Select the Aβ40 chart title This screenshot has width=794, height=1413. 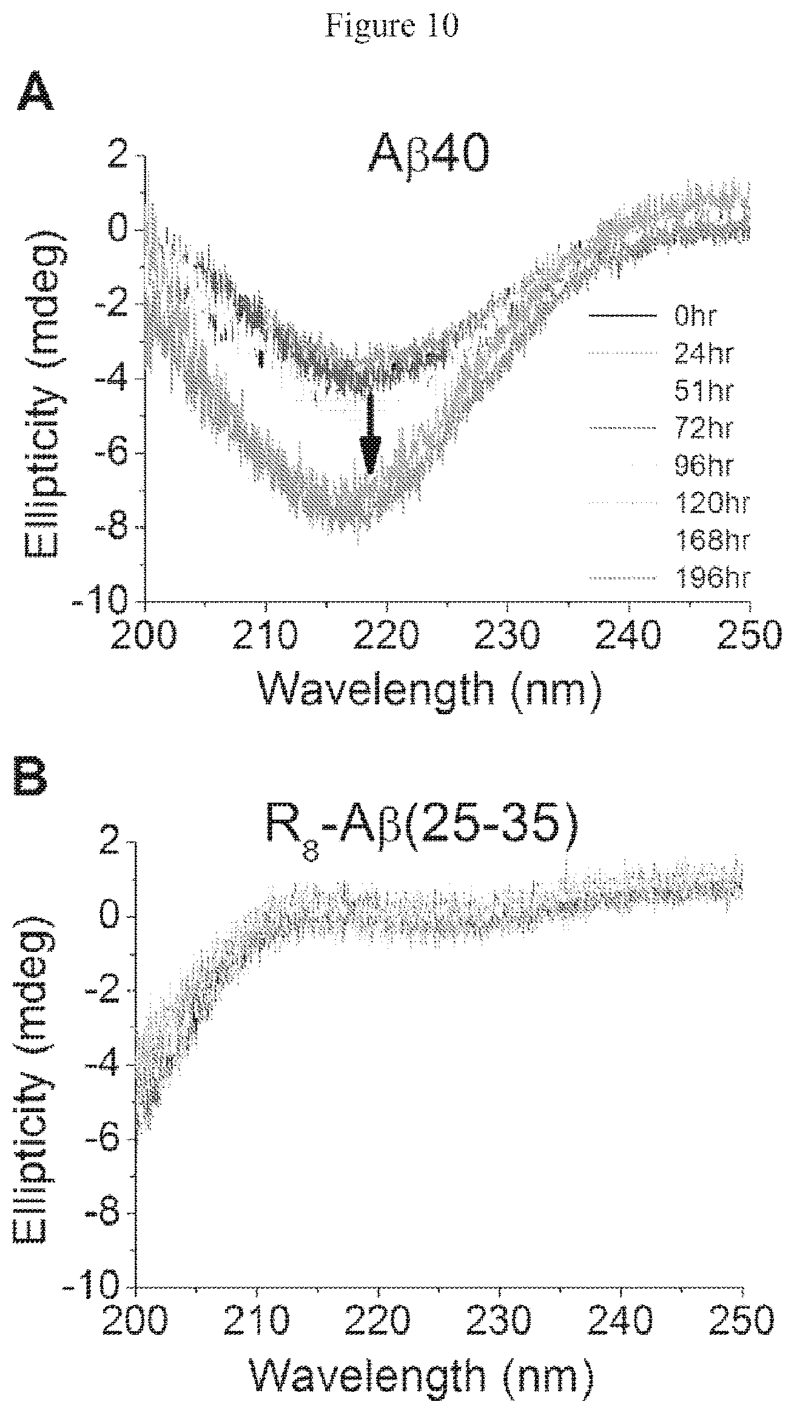pos(429,157)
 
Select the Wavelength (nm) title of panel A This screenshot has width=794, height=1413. pos(432,689)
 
